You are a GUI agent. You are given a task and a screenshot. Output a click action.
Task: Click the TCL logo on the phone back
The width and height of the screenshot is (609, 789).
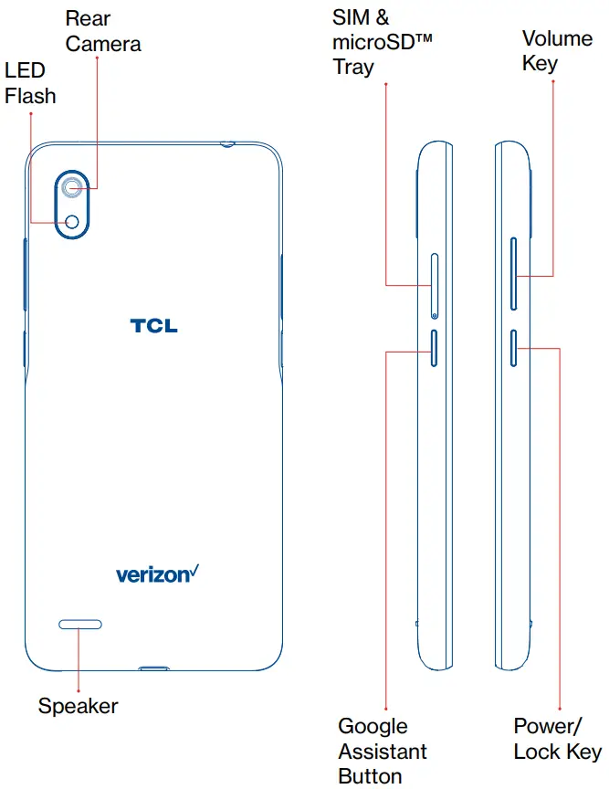(x=153, y=325)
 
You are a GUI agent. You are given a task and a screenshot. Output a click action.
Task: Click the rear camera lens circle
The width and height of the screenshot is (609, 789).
(x=73, y=188)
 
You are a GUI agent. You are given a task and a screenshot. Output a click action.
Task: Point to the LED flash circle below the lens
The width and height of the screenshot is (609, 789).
(x=73, y=221)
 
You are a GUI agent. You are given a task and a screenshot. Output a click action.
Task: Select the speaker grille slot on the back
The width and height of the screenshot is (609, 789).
(x=80, y=625)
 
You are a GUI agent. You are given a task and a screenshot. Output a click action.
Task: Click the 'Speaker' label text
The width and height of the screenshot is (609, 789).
(x=78, y=706)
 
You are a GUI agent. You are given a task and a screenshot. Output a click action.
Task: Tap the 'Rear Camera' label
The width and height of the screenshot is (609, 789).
(x=102, y=30)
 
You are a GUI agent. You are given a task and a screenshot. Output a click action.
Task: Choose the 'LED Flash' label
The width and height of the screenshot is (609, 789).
(x=29, y=83)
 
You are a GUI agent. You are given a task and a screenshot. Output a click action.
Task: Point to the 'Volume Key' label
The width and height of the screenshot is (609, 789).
(x=557, y=50)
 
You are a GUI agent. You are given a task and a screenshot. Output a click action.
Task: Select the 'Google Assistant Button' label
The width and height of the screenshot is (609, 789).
(x=383, y=751)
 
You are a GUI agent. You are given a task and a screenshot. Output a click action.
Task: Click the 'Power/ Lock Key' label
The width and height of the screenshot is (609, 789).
(x=557, y=739)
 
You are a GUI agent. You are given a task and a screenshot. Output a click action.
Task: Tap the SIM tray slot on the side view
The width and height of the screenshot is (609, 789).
(x=434, y=280)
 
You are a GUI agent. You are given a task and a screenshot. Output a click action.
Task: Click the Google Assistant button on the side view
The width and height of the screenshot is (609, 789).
(x=434, y=348)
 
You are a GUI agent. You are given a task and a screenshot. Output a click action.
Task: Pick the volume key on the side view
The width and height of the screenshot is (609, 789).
(x=513, y=275)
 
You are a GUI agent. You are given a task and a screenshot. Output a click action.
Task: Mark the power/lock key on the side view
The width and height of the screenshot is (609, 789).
(x=514, y=348)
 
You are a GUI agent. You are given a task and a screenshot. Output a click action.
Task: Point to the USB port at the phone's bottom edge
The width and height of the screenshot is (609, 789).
(x=155, y=668)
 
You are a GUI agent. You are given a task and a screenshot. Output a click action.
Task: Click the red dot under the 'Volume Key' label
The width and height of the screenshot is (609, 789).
(x=553, y=83)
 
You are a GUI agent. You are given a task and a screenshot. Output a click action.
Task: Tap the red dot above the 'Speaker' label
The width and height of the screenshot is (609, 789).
(x=79, y=690)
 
